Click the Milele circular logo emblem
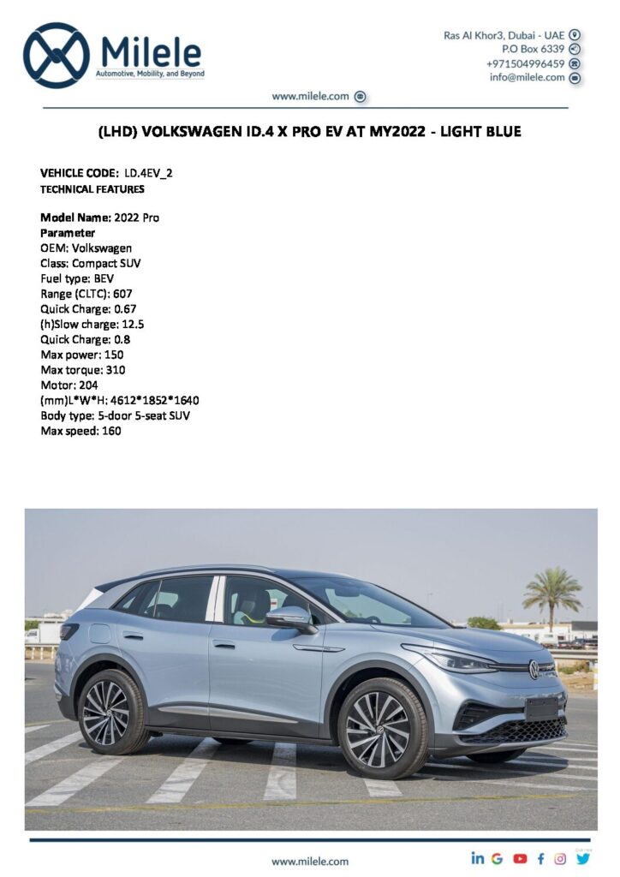pos(57,56)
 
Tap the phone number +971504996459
pos(525,63)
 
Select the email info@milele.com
pos(527,77)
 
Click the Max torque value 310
pos(115,370)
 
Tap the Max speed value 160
pos(110,431)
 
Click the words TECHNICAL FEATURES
pos(92,189)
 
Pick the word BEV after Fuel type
pos(104,278)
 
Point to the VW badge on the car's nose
pos(534,669)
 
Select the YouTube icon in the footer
pos(520,858)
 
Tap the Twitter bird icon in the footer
pos(583,858)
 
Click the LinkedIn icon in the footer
pos(477,858)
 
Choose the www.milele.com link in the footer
pos(310,861)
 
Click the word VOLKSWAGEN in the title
pos(194,132)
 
